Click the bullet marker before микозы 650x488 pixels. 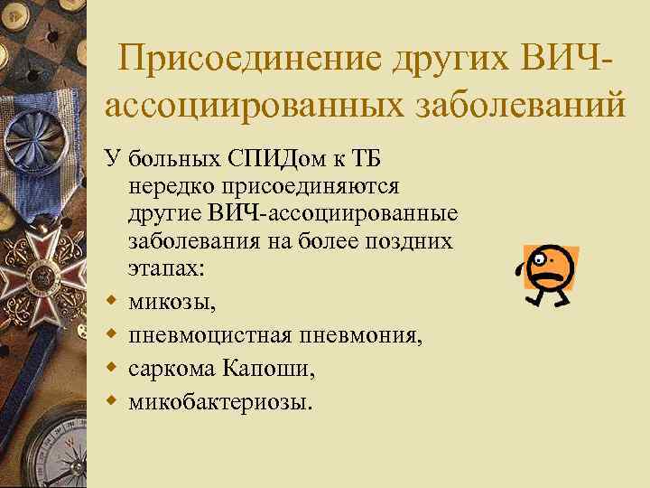point(112,296)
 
